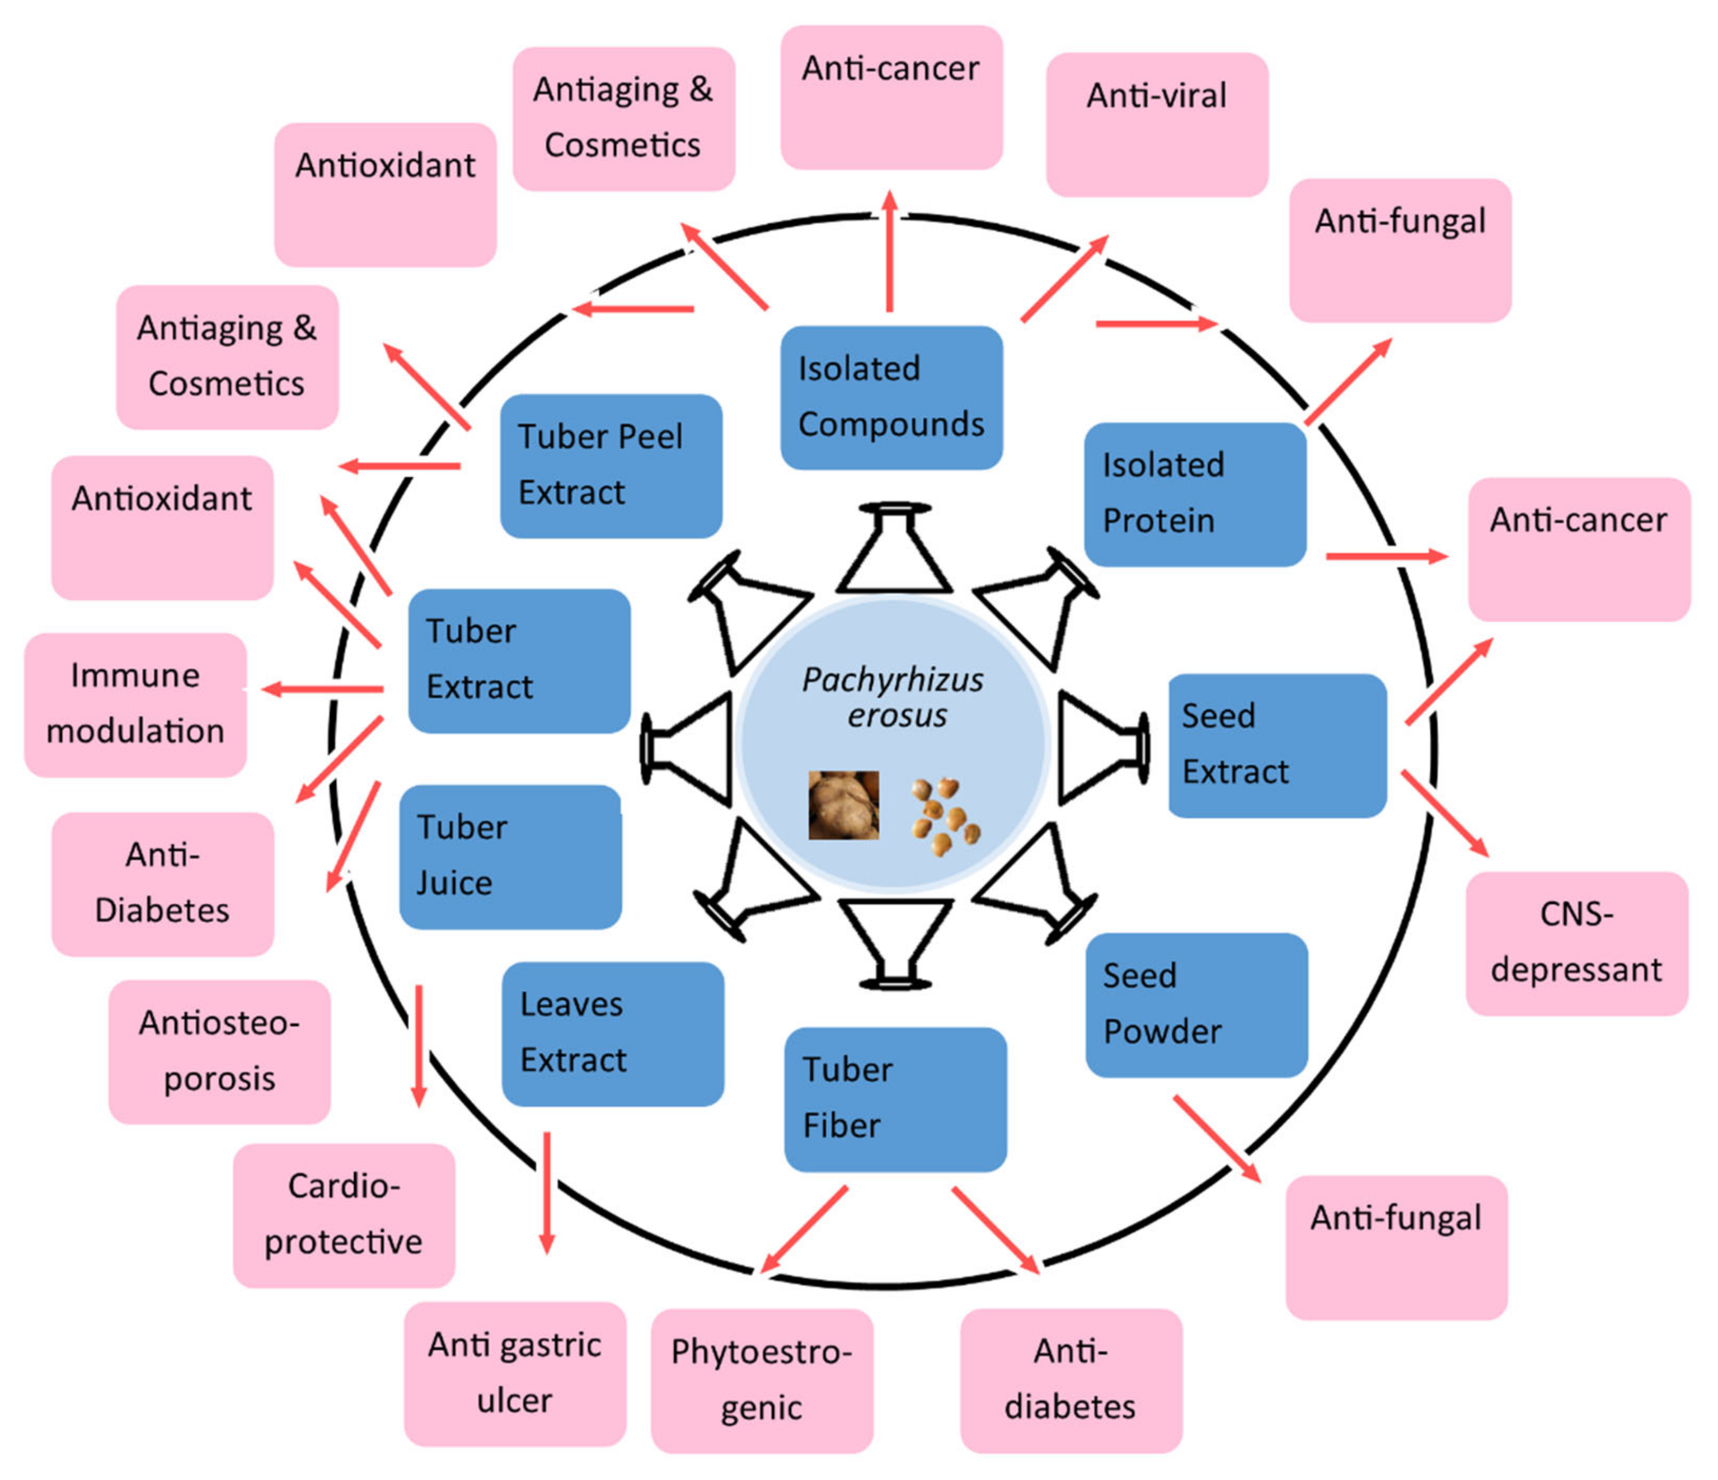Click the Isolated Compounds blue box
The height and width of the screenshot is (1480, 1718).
click(x=891, y=397)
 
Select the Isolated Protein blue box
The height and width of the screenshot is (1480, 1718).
click(x=1195, y=494)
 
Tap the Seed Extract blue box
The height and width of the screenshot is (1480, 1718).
click(x=1277, y=745)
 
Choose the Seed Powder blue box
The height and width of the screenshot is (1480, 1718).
click(x=1196, y=1004)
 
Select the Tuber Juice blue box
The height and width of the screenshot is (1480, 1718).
click(x=510, y=857)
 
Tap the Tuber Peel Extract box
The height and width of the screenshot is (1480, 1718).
click(x=611, y=465)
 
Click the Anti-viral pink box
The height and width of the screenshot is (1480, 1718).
click(x=1157, y=124)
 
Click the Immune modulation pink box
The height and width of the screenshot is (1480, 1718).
click(x=135, y=704)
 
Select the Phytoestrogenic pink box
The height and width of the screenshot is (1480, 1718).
click(x=761, y=1380)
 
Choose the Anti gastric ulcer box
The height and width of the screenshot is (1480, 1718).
click(x=515, y=1374)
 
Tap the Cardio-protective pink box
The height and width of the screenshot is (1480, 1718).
click(x=343, y=1215)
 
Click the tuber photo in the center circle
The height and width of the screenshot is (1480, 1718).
click(x=843, y=804)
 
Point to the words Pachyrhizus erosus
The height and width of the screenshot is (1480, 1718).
click(x=893, y=697)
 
